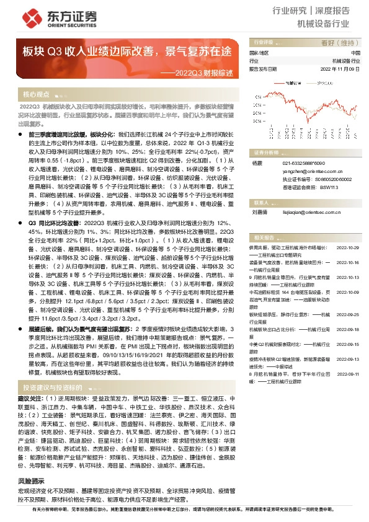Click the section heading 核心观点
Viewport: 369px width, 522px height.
tap(36, 95)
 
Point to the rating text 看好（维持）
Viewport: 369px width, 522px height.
tap(340, 43)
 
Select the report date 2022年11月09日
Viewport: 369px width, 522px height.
tap(340, 69)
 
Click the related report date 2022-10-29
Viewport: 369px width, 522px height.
tap(349, 247)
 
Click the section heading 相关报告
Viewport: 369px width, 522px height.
tap(264, 237)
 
